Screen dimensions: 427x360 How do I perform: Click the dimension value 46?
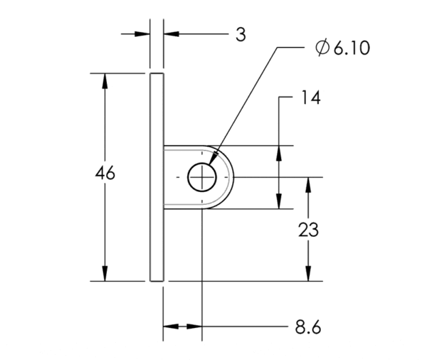[x=105, y=173]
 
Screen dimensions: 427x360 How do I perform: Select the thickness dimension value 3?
[x=241, y=35]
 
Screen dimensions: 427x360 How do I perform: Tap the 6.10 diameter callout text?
[x=352, y=48]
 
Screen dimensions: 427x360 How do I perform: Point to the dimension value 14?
[x=311, y=97]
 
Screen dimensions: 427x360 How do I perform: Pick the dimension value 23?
[x=308, y=230]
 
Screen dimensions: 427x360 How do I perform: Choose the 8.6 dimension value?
[x=308, y=327]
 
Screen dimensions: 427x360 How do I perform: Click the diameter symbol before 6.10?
[x=322, y=48]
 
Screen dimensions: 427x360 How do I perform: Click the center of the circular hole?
[x=202, y=177]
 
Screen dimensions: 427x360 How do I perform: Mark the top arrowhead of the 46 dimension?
[x=105, y=81]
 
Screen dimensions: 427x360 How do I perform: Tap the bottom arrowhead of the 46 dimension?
[x=105, y=273]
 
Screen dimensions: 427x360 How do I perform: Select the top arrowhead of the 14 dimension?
[x=278, y=153]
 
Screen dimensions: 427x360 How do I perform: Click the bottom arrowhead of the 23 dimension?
[x=308, y=273]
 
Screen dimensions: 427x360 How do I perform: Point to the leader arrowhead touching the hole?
[x=213, y=158]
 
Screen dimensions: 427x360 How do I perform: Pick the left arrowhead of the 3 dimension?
[x=142, y=34]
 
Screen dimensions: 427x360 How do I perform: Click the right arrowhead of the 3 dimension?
[x=172, y=34]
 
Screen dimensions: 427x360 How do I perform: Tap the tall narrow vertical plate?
[x=157, y=177]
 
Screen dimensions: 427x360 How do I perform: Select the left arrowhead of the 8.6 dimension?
[x=171, y=327]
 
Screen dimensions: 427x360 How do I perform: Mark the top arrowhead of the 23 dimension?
[x=308, y=185]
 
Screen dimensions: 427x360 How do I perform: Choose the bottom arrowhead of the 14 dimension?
[x=278, y=201]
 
